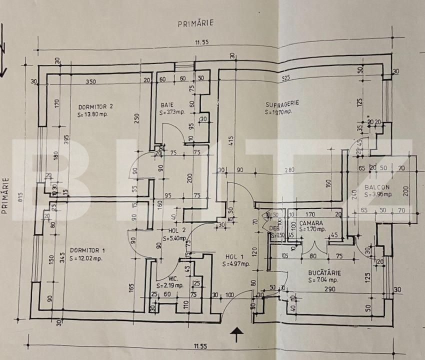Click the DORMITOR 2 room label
click(95, 106)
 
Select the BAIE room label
click(167, 105)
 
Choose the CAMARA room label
click(311, 222)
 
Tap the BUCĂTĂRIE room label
click(324, 273)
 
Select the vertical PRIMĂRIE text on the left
click(6, 195)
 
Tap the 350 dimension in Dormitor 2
click(90, 81)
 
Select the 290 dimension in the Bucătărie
click(329, 288)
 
